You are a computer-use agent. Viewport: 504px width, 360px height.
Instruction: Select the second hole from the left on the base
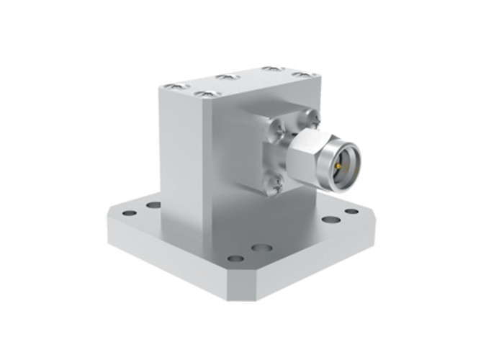[x=153, y=204]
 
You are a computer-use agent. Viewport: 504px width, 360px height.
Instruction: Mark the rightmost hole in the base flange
[x=351, y=211]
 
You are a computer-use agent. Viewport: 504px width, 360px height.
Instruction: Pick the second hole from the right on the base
[x=328, y=220]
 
